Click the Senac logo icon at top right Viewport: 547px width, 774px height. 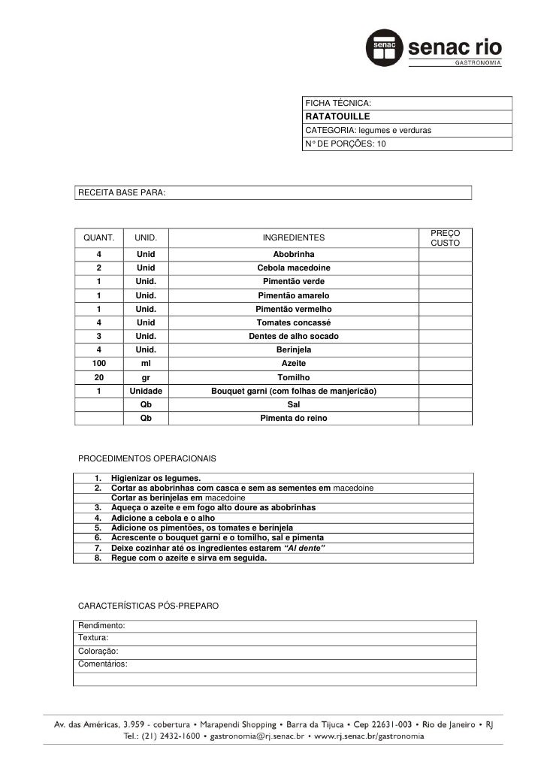coord(385,48)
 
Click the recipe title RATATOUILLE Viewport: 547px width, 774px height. coord(337,117)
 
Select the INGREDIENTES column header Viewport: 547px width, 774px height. coord(294,238)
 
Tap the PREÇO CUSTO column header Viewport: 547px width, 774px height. coord(446,238)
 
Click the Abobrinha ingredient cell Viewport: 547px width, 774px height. coord(294,255)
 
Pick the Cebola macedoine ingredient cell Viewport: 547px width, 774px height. coord(294,268)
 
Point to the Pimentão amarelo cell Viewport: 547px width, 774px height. coord(294,295)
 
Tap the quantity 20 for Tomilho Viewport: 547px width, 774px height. coord(98,377)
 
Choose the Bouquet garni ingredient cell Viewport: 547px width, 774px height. coord(294,392)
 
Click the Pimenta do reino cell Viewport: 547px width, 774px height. coord(294,419)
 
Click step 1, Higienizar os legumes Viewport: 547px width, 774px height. coord(156,479)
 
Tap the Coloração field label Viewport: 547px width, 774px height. coord(98,652)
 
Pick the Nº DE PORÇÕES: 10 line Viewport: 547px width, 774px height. coord(345,144)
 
